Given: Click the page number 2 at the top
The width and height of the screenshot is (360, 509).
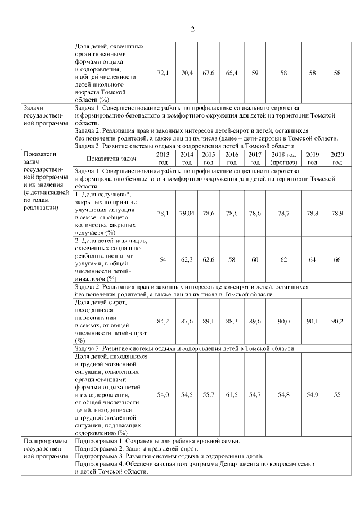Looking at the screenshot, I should point(192,29).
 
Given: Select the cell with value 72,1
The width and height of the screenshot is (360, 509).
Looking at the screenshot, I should point(163,73).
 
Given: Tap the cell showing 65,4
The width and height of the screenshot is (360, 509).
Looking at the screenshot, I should point(232,73).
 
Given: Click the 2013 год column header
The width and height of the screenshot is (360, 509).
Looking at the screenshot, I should point(163,158).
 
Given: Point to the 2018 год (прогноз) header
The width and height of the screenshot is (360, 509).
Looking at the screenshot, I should point(283,158).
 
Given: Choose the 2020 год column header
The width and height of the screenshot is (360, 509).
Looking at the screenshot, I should point(337,158).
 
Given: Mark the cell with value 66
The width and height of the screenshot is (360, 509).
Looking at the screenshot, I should point(337,259).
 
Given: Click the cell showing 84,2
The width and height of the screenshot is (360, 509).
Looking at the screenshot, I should point(163,321).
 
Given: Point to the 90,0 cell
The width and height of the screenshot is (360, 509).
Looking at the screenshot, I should point(283,321).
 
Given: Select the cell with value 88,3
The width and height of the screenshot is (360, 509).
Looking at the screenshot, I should point(232,321).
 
